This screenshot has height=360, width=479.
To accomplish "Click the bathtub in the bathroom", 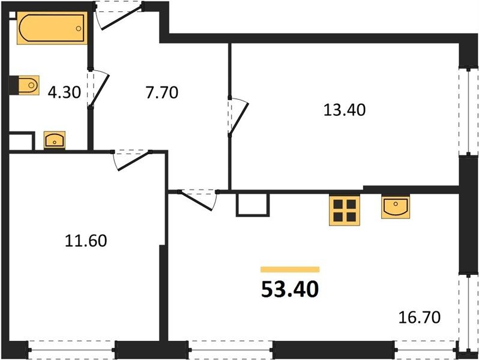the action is point(52,28).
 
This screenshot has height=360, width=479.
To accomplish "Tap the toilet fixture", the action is point(28,85).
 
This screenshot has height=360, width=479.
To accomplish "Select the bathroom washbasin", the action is point(55,140).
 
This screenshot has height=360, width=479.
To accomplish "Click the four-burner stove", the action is point(345,210).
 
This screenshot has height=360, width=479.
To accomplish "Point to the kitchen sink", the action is point(396,208).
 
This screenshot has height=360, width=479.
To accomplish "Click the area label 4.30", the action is point(64,92).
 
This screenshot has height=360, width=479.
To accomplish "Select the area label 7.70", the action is point(161,92).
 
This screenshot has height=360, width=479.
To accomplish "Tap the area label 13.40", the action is point(345,110).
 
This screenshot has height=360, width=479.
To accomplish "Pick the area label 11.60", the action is point(86,241).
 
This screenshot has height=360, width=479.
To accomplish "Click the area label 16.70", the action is point(420,317).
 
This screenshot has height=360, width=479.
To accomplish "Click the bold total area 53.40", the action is point(290,289).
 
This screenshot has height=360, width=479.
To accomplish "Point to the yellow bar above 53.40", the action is point(290,269).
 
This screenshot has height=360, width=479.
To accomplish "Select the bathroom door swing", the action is point(98,89).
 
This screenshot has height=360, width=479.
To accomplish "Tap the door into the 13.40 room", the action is point(238,116).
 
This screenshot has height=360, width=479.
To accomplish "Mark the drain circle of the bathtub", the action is point(79,28).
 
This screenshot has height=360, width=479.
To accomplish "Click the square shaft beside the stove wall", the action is point(253,204).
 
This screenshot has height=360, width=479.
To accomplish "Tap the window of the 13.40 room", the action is point(469,111).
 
